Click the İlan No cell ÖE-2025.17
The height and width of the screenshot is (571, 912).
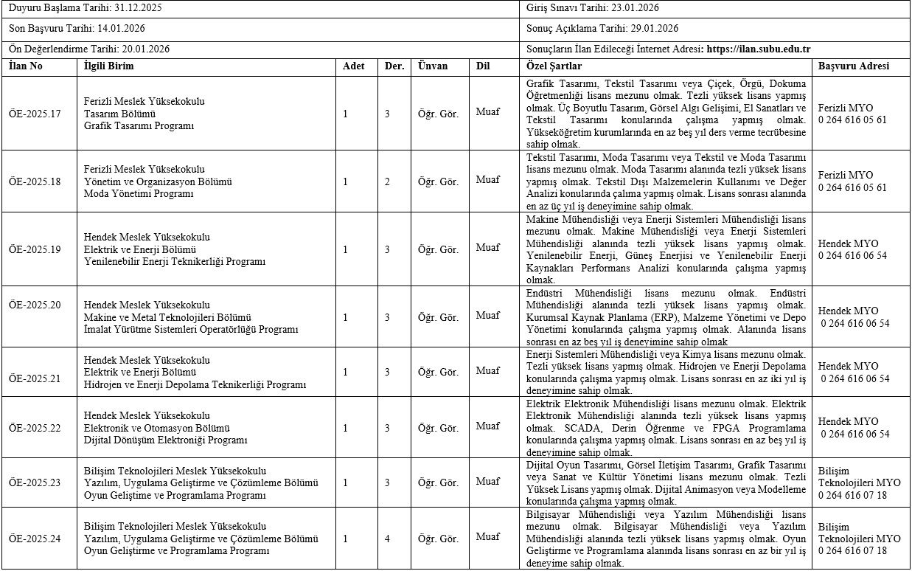pyautogui.click(x=35, y=114)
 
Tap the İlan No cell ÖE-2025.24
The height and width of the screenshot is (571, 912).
pyautogui.click(x=35, y=539)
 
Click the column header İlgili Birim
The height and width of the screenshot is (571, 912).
pyautogui.click(x=108, y=66)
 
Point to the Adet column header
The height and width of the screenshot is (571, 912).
pyautogui.click(x=354, y=66)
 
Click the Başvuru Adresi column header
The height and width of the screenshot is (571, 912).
pyautogui.click(x=854, y=66)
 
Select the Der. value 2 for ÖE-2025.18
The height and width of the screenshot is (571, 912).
pyautogui.click(x=387, y=181)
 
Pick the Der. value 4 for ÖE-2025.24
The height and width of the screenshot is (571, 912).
pyautogui.click(x=387, y=539)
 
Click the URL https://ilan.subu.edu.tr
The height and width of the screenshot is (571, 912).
pyautogui.click(x=759, y=49)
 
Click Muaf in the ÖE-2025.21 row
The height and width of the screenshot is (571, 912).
pyautogui.click(x=487, y=370)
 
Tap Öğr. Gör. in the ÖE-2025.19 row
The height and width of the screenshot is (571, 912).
pyautogui.click(x=438, y=249)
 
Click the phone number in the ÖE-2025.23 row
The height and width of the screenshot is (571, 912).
pyautogui.click(x=852, y=495)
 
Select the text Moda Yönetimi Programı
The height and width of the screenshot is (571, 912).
pyautogui.click(x=139, y=193)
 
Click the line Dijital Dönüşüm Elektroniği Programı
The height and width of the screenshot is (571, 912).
pyautogui.click(x=166, y=440)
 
